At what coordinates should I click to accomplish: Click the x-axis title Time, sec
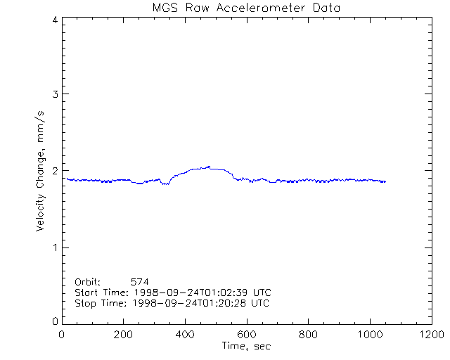coord(246,346)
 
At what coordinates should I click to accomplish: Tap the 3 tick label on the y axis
coord(54,94)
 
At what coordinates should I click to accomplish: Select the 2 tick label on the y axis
coord(54,171)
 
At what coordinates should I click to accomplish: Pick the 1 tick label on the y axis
coord(54,247)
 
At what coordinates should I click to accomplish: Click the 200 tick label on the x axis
coord(124,335)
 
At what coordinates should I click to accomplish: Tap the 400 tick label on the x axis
coord(185,335)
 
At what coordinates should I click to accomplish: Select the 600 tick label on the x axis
coord(246,335)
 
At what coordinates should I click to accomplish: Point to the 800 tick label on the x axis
coord(307,335)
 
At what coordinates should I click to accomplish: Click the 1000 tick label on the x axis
coord(368,335)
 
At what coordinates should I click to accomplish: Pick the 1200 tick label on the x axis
coord(430,335)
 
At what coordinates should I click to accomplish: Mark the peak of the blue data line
coord(209,167)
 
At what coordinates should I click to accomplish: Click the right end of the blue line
coord(385,181)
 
